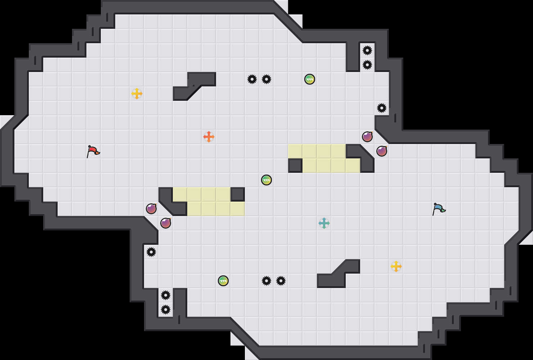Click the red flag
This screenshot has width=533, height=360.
(93, 151)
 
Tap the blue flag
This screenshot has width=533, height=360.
(438, 208)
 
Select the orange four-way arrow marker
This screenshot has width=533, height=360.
(209, 137)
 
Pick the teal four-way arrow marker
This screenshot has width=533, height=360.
(324, 223)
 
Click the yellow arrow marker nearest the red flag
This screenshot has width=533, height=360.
(137, 94)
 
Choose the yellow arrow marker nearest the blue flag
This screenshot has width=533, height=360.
(396, 266)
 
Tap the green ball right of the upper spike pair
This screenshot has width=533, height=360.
(310, 79)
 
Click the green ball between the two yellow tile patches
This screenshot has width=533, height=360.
(266, 180)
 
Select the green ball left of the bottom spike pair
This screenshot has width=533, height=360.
(223, 281)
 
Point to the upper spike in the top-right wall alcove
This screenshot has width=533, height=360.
(367, 50)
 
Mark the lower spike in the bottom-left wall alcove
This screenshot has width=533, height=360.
(166, 310)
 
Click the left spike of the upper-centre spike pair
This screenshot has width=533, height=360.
(252, 79)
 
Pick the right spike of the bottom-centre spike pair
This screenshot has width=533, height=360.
(281, 281)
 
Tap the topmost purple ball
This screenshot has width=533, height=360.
(367, 137)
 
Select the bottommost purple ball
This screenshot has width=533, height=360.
(166, 223)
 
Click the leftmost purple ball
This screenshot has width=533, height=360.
(151, 209)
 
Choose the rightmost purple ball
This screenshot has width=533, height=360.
(382, 151)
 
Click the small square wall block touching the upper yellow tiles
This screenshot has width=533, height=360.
(295, 166)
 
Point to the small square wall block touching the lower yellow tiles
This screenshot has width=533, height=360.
(238, 194)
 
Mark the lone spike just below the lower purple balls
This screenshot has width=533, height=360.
(151, 252)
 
